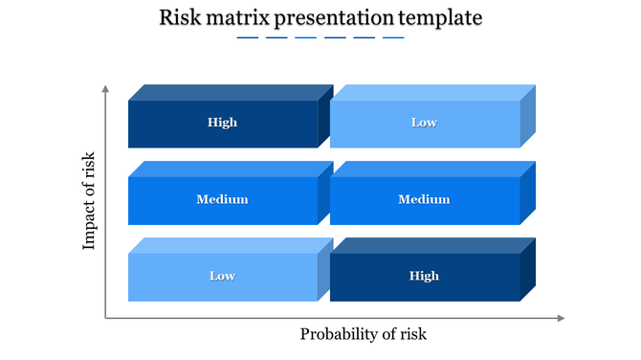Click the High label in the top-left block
pyautogui.click(x=222, y=123)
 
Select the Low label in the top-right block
pyautogui.click(x=424, y=123)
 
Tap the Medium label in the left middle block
pyautogui.click(x=222, y=199)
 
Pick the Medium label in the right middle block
pyautogui.click(x=424, y=199)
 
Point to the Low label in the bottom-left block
pyautogui.click(x=222, y=276)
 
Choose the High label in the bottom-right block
pyautogui.click(x=424, y=276)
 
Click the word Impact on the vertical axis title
pyautogui.click(x=90, y=229)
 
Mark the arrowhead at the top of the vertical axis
pyautogui.click(x=105, y=89)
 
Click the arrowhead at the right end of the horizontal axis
pyautogui.click(x=562, y=318)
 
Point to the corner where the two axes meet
pyautogui.click(x=105, y=318)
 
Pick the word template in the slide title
pyautogui.click(x=442, y=18)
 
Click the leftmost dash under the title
pyautogui.click(x=247, y=38)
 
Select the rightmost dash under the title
pyautogui.click(x=393, y=38)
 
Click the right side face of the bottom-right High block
pyautogui.click(x=528, y=270)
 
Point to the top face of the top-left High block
pyautogui.click(x=230, y=93)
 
